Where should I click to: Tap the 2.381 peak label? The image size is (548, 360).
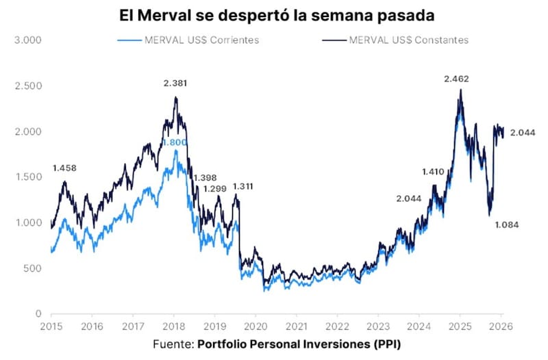(x=175, y=83)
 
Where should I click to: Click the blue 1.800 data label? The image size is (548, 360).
(x=174, y=142)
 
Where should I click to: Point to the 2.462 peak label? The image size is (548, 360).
(x=456, y=79)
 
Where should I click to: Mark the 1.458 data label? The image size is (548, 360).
(x=66, y=168)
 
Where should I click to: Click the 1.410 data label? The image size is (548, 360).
(x=433, y=172)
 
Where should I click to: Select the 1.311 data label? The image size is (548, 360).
(x=246, y=186)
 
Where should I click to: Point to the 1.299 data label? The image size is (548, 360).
(x=215, y=188)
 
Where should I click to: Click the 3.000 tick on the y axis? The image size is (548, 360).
(x=28, y=40)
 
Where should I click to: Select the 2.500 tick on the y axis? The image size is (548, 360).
(x=28, y=86)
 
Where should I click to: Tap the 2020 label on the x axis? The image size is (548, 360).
(x=256, y=326)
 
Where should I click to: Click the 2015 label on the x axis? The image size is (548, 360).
(x=51, y=326)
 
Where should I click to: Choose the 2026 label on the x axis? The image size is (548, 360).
(x=501, y=326)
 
